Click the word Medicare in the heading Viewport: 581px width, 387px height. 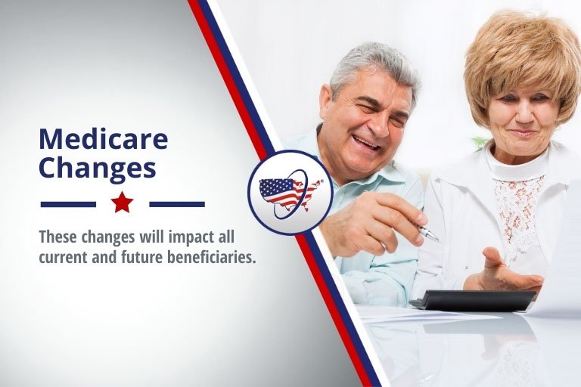point(103,139)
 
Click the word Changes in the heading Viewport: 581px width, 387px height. point(97,168)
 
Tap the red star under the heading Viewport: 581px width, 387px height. point(122,203)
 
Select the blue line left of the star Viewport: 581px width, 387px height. point(68,204)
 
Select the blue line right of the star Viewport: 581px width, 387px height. point(177,204)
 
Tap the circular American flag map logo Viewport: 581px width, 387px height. point(290,192)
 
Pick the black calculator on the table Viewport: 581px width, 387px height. point(473,299)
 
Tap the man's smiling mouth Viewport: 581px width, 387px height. point(367,141)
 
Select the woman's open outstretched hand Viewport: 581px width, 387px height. point(503,272)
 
